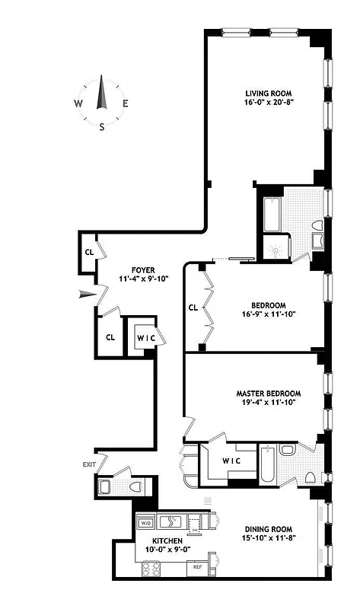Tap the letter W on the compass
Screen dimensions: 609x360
pyautogui.click(x=78, y=104)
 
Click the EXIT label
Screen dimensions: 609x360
pyautogui.click(x=91, y=464)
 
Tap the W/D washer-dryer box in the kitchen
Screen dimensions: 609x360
pyautogui.click(x=145, y=523)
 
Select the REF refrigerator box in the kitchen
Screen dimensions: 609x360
pyautogui.click(x=196, y=567)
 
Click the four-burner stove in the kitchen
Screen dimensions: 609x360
pyautogui.click(x=147, y=568)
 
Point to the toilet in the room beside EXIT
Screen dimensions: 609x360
pyautogui.click(x=130, y=485)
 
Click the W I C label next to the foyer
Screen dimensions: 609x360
pyautogui.click(x=145, y=336)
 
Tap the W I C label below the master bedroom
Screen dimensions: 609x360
pyautogui.click(x=231, y=461)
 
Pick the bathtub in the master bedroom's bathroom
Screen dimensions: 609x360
pyautogui.click(x=267, y=465)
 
